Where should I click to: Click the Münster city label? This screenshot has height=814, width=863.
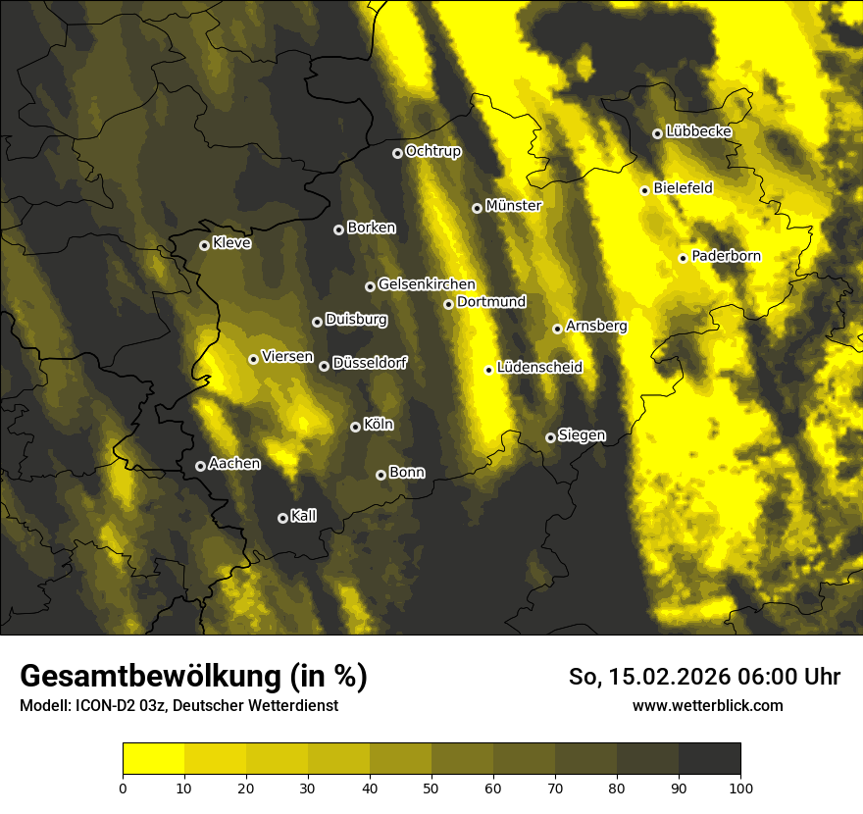coord(513,206)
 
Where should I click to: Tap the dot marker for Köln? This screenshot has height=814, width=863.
coord(355,427)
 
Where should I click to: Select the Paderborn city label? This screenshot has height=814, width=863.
coord(726,256)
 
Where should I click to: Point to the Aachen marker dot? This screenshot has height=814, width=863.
coord(200,466)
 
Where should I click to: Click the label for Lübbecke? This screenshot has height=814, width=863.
coord(698,131)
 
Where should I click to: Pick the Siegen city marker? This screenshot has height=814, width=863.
coord(550,437)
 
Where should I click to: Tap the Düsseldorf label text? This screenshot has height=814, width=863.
coord(370,363)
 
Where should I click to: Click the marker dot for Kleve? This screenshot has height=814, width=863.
coord(204,245)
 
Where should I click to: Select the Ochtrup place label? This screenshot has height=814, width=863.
coord(432,151)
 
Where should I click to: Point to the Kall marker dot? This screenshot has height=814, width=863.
coord(282,518)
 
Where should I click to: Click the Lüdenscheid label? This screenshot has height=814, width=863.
coord(539,368)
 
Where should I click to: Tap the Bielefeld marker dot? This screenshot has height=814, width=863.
coord(644,190)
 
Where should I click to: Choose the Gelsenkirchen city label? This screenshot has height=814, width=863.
coord(427,284)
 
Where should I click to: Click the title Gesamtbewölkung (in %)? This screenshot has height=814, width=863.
coord(193,677)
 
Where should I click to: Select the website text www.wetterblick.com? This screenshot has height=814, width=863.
coord(707,705)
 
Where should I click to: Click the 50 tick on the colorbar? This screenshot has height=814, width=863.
coord(431,788)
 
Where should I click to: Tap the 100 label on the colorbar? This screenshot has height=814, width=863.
coord(740,788)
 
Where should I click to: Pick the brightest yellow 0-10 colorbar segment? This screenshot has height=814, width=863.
coord(153,759)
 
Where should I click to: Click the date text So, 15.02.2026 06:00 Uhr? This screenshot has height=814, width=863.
coord(704,677)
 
